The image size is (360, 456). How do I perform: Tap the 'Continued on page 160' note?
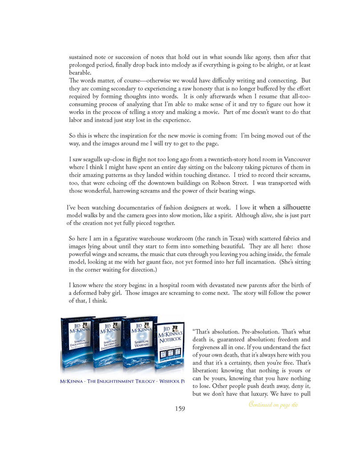click(273, 405)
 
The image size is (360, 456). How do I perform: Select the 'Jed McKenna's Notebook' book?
click(169, 348)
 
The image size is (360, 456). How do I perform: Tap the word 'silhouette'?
click(293, 207)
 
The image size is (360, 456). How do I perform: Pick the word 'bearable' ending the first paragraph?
click(80, 73)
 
